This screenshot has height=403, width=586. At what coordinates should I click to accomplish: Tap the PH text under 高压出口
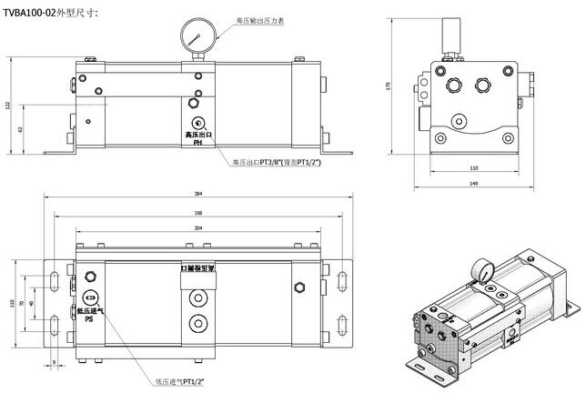tap(197, 143)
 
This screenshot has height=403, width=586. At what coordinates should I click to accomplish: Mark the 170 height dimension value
tap(388, 86)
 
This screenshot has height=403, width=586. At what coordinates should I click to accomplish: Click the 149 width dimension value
tap(473, 185)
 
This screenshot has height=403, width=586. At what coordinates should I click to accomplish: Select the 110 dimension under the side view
tap(473, 169)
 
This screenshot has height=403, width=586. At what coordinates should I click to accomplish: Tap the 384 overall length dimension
tap(198, 195)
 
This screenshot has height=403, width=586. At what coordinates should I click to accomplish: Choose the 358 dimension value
tap(198, 213)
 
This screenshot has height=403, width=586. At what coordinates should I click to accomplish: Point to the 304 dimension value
tap(198, 227)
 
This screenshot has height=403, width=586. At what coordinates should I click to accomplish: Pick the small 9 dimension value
tap(55, 363)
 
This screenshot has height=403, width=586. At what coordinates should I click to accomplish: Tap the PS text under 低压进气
tap(89, 320)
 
